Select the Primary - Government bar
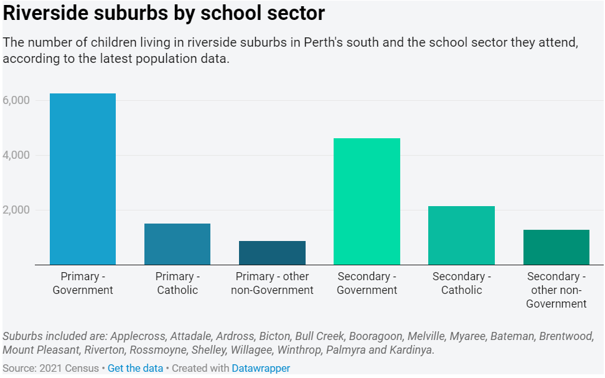pyautogui.click(x=83, y=179)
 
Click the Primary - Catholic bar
pyautogui.click(x=177, y=244)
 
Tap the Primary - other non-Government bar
pyautogui.click(x=272, y=253)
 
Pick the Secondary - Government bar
pyautogui.click(x=367, y=202)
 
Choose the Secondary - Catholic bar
pyautogui.click(x=461, y=235)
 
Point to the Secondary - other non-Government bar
pyautogui.click(x=556, y=247)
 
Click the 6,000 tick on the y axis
pyautogui.click(x=16, y=100)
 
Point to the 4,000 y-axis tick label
pyautogui.click(x=16, y=155)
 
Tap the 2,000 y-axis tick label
pyautogui.click(x=16, y=210)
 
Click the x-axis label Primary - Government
pyautogui.click(x=83, y=283)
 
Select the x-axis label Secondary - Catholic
pyautogui.click(x=461, y=283)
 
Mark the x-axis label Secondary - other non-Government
pyautogui.click(x=556, y=290)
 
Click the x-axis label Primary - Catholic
pyautogui.click(x=177, y=283)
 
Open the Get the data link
pyautogui.click(x=135, y=368)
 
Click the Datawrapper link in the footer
pyautogui.click(x=261, y=368)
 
